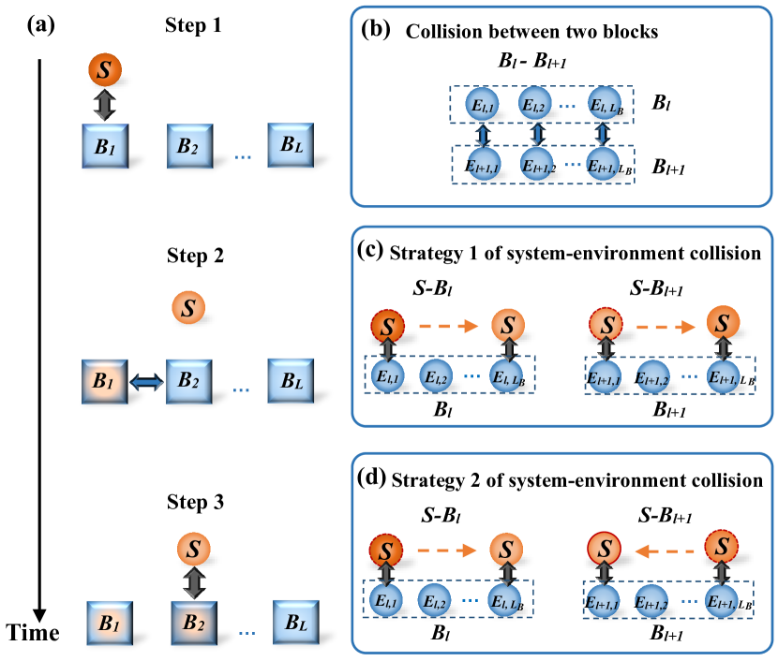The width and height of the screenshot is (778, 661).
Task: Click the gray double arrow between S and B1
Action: [104, 105]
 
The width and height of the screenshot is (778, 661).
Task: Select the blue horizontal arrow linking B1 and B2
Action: [146, 382]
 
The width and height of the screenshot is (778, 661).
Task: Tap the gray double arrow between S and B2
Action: [193, 582]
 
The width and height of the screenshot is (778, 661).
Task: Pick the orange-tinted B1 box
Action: [104, 381]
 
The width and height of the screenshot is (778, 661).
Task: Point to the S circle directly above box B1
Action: [105, 70]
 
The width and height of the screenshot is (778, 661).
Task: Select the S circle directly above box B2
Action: [194, 549]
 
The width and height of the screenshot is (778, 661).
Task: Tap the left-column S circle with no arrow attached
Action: [188, 307]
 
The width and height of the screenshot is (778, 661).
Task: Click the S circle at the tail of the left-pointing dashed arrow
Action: [722, 546]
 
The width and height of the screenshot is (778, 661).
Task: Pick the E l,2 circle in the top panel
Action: [536, 104]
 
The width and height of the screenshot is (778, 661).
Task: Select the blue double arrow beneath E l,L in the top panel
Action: [603, 135]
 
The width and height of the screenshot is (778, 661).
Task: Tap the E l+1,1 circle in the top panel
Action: [484, 166]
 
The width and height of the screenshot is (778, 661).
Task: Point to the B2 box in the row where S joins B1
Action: [190, 146]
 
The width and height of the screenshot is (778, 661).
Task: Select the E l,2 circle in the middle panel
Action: [436, 377]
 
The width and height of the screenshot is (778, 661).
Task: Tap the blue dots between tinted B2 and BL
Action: [247, 632]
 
